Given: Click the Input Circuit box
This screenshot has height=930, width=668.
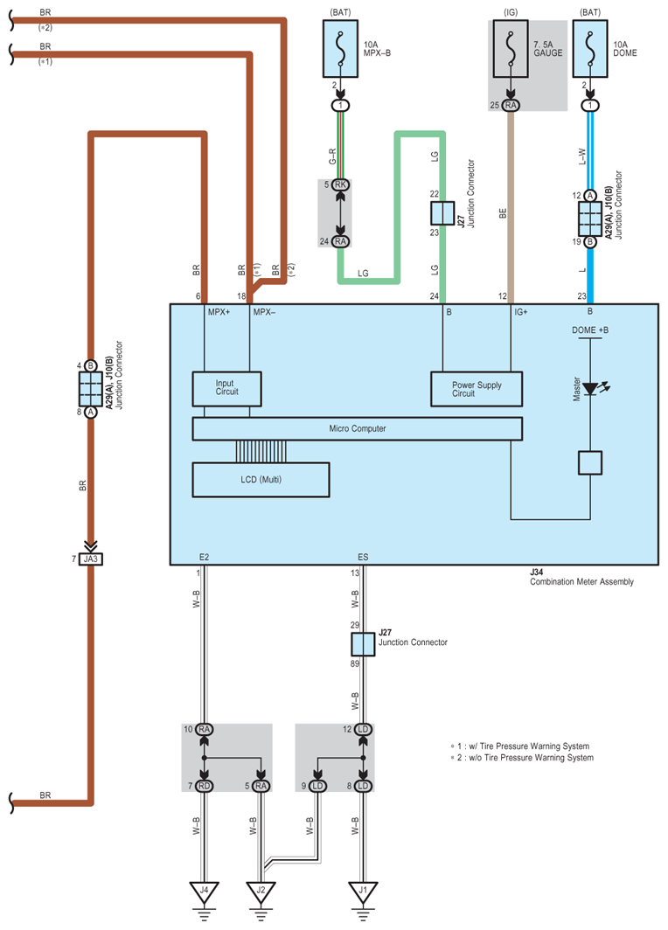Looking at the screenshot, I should point(226,388).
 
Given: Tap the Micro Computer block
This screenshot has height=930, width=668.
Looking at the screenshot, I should point(357,428).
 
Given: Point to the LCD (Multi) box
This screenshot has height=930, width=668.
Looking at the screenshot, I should point(261,479).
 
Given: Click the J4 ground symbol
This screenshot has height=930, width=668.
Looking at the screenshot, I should point(205,892).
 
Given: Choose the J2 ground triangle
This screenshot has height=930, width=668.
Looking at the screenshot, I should point(261,892).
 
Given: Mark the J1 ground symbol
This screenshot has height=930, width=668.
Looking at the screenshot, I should point(363,892).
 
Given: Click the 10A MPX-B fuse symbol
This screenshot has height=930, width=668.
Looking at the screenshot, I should point(339,45).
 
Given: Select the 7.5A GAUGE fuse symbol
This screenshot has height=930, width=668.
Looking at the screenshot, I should point(510,45).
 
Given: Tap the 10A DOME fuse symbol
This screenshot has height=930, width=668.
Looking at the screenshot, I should point(591,45).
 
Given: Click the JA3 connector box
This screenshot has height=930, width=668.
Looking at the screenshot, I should point(91,557).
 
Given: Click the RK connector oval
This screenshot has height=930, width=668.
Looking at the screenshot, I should point(340,184).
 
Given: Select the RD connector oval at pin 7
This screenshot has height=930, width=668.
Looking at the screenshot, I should point(205,785).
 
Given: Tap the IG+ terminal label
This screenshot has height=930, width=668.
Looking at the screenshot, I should point(520,311).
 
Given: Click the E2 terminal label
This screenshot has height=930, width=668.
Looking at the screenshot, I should point(204,556).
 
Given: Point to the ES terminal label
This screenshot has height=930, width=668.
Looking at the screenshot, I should point(363,556).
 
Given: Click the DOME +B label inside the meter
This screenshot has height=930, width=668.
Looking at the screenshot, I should point(590,330).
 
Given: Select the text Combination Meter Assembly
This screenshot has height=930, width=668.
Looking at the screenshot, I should point(581,581).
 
